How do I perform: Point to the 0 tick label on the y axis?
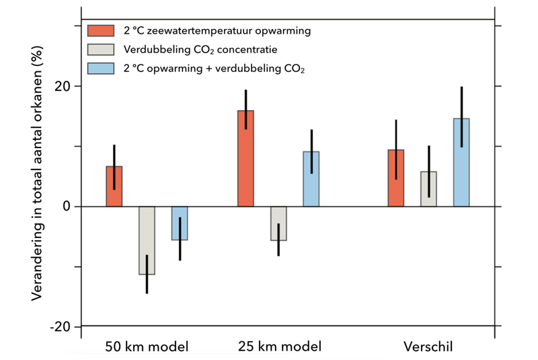click(67, 207)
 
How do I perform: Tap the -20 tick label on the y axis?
click(61, 326)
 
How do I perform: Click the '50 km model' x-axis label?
click(147, 347)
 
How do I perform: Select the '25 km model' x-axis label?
click(279, 347)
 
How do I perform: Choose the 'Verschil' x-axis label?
click(428, 347)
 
